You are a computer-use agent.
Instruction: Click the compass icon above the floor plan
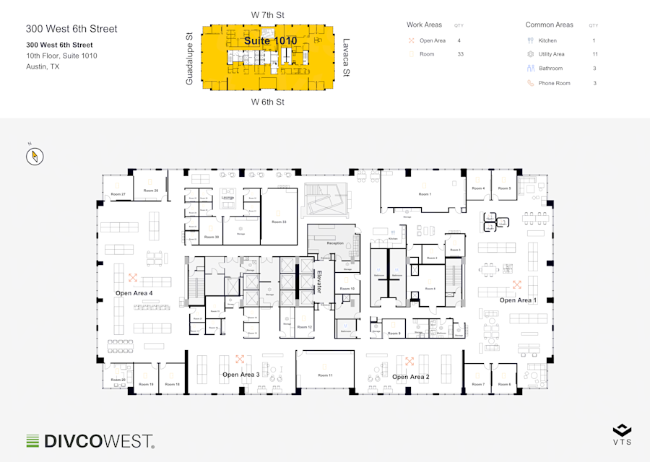pyautogui.click(x=35, y=156)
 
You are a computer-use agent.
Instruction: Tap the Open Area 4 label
pyautogui.click(x=134, y=293)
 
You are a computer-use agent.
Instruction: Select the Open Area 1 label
pyautogui.click(x=518, y=300)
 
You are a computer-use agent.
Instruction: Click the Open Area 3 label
pyautogui.click(x=240, y=375)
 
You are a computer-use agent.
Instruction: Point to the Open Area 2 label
pyautogui.click(x=410, y=377)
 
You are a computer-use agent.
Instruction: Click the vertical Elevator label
pyautogui.click(x=319, y=281)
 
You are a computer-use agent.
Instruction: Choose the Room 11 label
pyautogui.click(x=326, y=376)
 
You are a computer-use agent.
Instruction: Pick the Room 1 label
pyautogui.click(x=425, y=194)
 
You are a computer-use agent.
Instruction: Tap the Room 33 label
pyautogui.click(x=279, y=222)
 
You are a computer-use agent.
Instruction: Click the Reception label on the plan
pyautogui.click(x=335, y=243)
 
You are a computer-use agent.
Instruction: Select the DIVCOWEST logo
pyautogui.click(x=90, y=440)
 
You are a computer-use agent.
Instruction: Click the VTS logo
pyautogui.click(x=622, y=435)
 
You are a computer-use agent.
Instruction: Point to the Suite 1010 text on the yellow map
pyautogui.click(x=270, y=41)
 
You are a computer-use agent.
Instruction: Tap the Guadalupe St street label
pyautogui.click(x=189, y=58)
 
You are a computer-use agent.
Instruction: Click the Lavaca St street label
pyautogui.click(x=346, y=58)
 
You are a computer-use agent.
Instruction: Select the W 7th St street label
pyautogui.click(x=268, y=14)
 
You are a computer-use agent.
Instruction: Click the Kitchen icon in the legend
pyautogui.click(x=530, y=40)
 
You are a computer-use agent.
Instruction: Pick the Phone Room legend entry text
pyautogui.click(x=554, y=83)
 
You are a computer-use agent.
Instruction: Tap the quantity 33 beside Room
pyautogui.click(x=461, y=54)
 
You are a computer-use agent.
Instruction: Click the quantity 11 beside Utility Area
pyautogui.click(x=594, y=54)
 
